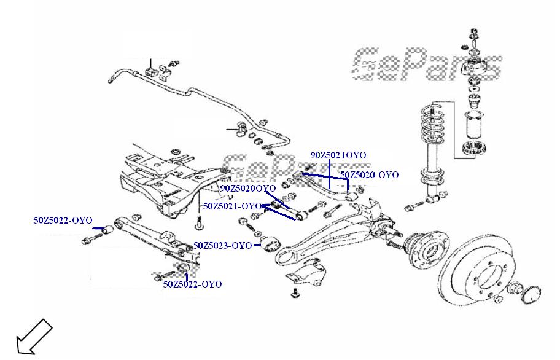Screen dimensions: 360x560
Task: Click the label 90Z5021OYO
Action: pos(338,155)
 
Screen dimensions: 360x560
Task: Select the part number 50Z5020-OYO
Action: pos(369,175)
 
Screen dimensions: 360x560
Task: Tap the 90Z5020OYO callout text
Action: pos(247,188)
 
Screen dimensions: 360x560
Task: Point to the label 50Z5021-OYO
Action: pos(233,206)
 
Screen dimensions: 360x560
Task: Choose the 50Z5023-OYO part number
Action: pos(222,246)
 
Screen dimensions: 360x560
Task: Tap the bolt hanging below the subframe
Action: pos(199,224)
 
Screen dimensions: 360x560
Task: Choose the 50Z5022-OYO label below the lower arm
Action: pos(192,284)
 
